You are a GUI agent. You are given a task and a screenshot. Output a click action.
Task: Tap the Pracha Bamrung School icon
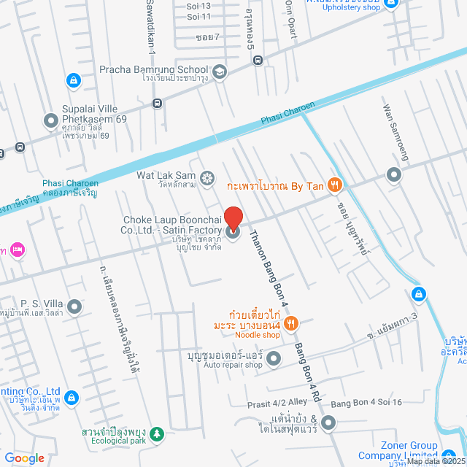click(x=220, y=71)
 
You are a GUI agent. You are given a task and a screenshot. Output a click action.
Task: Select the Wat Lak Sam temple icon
click(x=207, y=177)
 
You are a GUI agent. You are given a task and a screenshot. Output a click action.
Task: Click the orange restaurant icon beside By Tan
click(x=335, y=185)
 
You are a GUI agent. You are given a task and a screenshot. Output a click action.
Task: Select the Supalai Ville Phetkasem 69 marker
click(x=50, y=120)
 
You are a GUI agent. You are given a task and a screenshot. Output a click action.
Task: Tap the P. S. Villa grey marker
click(x=74, y=305)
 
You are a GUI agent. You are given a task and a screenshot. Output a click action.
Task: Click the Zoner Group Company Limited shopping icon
click(x=449, y=446)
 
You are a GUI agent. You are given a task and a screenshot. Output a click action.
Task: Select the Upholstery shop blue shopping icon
click(x=390, y=4)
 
